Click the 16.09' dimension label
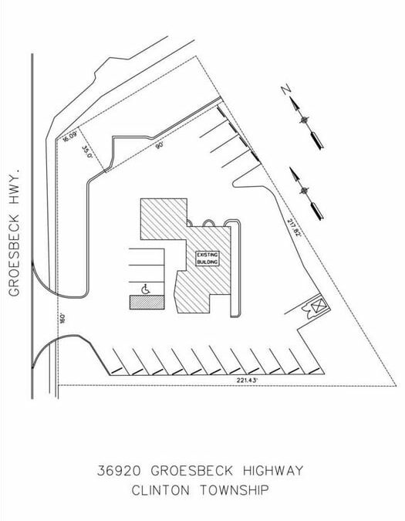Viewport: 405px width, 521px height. [69, 137]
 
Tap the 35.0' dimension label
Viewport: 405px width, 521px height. [87, 151]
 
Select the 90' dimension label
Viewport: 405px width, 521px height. [160, 145]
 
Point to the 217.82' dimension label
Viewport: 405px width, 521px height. [294, 228]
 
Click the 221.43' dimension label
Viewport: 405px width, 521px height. [247, 381]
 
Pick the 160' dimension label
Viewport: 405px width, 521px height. [62, 318]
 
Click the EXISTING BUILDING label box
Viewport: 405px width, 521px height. [208, 259]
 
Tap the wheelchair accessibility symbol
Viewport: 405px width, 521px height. [146, 289]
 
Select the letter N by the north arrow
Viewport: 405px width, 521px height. [286, 90]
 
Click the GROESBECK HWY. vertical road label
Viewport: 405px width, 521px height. [15, 232]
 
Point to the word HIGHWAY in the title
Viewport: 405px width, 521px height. [273, 471]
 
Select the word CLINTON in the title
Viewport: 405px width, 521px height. [160, 490]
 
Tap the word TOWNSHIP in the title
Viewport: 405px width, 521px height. [235, 490]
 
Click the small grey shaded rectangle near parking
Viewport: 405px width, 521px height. [147, 303]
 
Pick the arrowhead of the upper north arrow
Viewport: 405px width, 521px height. [295, 103]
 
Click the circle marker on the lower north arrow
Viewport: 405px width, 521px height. [305, 191]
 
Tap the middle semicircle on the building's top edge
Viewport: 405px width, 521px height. [209, 222]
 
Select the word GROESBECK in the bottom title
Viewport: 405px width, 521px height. [192, 471]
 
